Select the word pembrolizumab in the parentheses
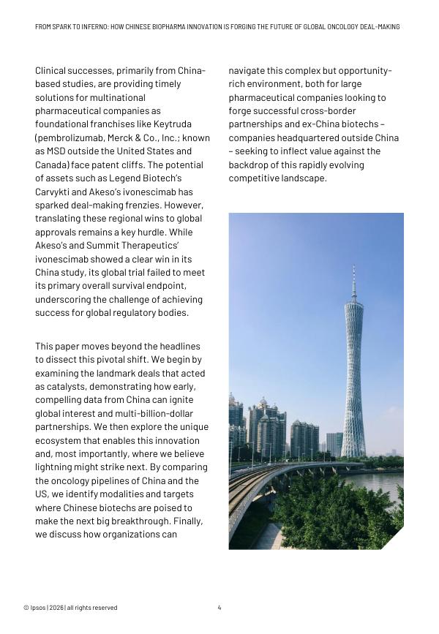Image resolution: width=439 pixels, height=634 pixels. coord(72,137)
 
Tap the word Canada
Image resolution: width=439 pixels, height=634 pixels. coord(52,165)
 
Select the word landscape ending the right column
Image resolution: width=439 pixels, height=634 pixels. coord(302,178)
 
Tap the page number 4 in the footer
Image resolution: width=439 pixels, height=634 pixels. coord(219,608)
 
